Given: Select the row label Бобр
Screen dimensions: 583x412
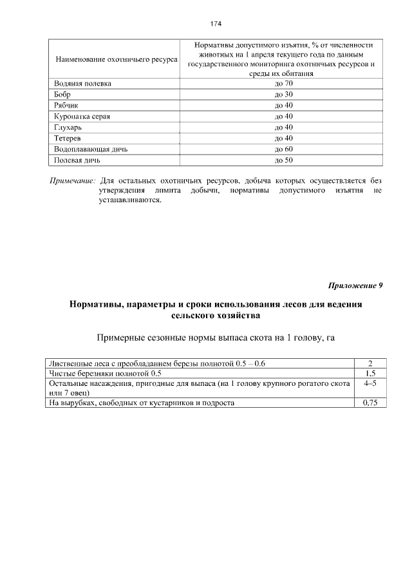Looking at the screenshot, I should pos(63,95).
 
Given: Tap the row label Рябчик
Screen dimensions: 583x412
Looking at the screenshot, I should pos(67,106).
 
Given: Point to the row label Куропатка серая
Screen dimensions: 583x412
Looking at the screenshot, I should pos(80,117).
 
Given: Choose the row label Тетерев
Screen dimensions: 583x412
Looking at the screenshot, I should pos(68,139).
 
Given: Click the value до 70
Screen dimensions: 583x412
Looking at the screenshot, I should pos(283,84).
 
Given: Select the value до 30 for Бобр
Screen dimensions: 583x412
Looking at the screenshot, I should pos(283,95).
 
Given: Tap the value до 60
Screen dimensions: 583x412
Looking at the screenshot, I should pos(283,149).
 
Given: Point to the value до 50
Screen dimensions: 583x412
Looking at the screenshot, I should pos(283,160).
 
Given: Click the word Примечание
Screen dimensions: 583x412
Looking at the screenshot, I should pos(73,181).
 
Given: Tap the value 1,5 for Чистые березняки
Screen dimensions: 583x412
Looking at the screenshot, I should pos(370,374).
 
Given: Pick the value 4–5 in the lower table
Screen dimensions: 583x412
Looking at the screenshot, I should pos(370,383).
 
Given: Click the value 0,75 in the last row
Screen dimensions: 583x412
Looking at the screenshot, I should pos(370,403).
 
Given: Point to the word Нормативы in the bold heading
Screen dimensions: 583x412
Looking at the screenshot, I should pos(97,305).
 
